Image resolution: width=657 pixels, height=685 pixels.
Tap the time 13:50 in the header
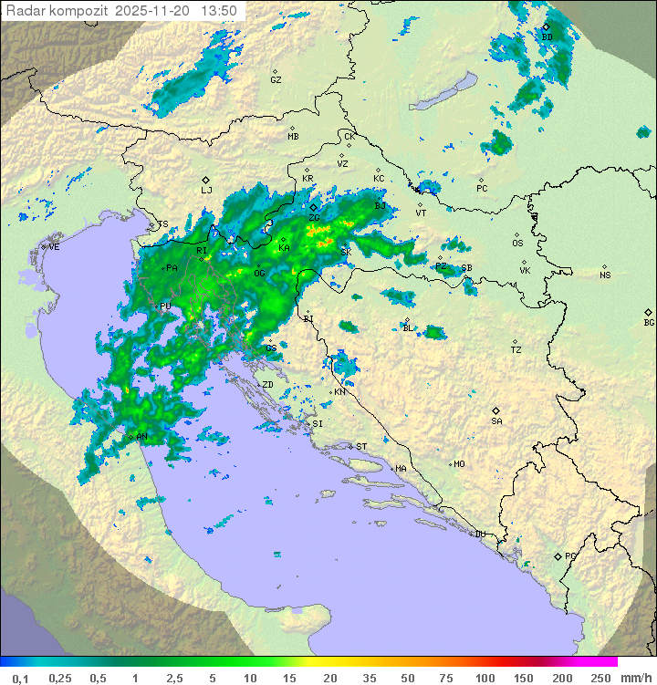(220, 11)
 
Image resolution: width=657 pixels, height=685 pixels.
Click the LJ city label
(206, 191)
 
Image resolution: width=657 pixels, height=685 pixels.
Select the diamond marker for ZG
(313, 208)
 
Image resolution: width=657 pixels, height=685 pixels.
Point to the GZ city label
(276, 80)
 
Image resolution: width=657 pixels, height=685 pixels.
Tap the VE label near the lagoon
(54, 247)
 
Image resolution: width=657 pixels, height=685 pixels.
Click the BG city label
(649, 323)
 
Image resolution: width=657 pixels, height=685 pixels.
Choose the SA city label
(496, 421)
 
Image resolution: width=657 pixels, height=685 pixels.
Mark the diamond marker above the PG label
(558, 555)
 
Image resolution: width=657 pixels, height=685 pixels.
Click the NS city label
(605, 275)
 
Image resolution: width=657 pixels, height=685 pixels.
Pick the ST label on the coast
(361, 447)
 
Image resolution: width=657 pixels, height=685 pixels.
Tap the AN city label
(142, 438)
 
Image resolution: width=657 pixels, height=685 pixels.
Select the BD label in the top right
(547, 37)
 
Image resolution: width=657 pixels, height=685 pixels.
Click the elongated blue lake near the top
(442, 91)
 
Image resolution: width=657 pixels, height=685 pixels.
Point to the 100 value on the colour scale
(485, 678)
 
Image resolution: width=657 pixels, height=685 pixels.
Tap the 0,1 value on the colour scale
(20, 678)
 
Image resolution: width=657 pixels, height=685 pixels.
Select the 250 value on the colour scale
(600, 678)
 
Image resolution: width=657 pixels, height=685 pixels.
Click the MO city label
(459, 464)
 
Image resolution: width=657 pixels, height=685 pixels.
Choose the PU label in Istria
(165, 307)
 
